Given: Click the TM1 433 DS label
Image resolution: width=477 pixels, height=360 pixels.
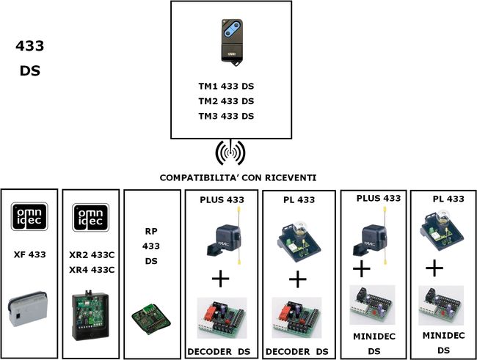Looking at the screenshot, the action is pyautogui.click(x=226, y=87).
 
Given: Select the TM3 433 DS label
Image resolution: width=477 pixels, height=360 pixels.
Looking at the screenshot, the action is pyautogui.click(x=226, y=116).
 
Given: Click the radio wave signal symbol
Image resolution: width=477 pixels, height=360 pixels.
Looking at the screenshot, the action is pyautogui.click(x=230, y=153).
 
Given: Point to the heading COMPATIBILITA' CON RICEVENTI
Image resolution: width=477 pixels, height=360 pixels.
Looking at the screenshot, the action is pyautogui.click(x=238, y=177).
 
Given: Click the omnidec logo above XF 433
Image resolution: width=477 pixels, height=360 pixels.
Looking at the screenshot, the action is pyautogui.click(x=29, y=216).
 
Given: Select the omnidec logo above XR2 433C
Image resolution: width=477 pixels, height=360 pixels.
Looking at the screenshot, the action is pyautogui.click(x=91, y=218).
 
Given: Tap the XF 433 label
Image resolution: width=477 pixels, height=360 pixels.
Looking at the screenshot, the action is pyautogui.click(x=29, y=254).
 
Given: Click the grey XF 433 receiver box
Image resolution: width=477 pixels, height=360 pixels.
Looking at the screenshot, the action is pyautogui.click(x=28, y=309).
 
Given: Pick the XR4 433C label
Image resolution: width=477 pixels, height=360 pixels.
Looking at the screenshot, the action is pyautogui.click(x=92, y=270).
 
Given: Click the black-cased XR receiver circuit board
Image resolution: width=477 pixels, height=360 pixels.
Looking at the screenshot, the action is pyautogui.click(x=90, y=315).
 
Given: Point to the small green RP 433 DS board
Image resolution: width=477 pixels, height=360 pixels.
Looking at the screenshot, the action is pyautogui.click(x=151, y=319).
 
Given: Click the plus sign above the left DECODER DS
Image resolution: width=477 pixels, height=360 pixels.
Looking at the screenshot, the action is pyautogui.click(x=220, y=279).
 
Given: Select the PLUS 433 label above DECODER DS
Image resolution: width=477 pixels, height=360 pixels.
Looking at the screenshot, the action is pyautogui.click(x=222, y=199).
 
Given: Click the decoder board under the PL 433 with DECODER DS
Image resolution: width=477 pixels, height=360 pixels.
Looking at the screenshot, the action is pyautogui.click(x=296, y=317).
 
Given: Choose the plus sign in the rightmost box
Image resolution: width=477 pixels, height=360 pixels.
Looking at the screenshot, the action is pyautogui.click(x=434, y=268).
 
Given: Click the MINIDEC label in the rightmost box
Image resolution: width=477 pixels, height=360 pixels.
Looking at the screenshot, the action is pyautogui.click(x=443, y=336).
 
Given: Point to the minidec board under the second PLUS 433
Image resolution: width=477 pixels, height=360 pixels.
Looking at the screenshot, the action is pyautogui.click(x=372, y=305).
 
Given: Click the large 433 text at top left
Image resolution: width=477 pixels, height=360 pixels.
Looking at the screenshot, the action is pyautogui.click(x=30, y=46).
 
